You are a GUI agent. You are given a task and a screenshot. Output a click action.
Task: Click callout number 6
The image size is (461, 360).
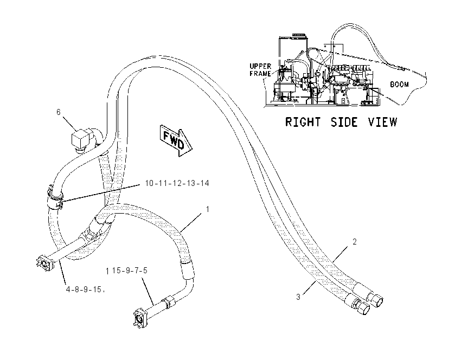(x=58, y=112)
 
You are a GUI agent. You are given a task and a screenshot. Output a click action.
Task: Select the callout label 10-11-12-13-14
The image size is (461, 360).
(x=177, y=183)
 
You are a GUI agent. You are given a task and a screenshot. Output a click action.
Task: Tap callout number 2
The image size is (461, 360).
(x=355, y=242)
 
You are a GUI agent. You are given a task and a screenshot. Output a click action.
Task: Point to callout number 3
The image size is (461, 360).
(x=298, y=297)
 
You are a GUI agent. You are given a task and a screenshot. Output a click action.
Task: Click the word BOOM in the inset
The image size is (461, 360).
(x=399, y=85)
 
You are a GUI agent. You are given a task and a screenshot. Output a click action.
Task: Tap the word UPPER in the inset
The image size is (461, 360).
(x=260, y=66)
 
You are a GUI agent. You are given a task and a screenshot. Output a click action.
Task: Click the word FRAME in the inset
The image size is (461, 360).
(x=260, y=73)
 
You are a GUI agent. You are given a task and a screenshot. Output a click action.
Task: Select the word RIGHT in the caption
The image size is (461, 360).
(x=303, y=122)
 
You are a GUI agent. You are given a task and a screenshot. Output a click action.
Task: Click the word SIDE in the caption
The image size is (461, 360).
(x=344, y=122)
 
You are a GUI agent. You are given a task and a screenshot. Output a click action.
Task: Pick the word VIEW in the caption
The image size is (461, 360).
(x=383, y=122)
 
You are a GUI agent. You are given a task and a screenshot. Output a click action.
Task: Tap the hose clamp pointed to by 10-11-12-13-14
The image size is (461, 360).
(x=55, y=198)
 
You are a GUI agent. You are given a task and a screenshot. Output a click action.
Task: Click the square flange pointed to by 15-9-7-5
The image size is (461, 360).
(x=140, y=318)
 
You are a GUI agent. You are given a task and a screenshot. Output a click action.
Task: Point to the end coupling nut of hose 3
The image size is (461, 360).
(x=364, y=308)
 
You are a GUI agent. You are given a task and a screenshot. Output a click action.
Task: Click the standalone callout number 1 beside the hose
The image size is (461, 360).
(x=208, y=209)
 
